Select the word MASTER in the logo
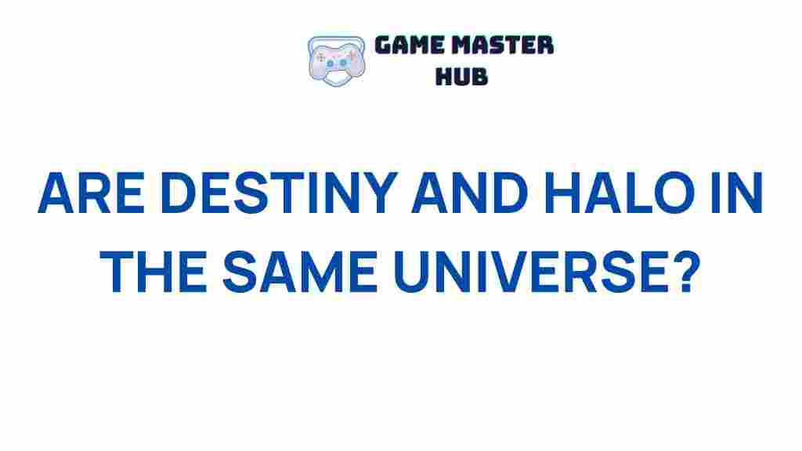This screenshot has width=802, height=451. point(505,45)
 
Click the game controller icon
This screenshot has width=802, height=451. point(336,60)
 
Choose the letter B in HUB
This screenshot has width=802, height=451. point(479,76)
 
